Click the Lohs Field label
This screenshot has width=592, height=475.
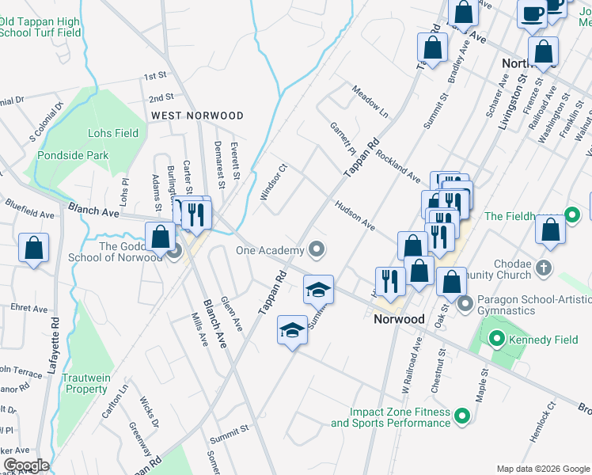(115, 134)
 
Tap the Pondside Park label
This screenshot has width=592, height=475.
(73, 156)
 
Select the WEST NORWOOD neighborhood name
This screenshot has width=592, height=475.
(197, 116)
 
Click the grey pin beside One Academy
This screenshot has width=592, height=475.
(317, 251)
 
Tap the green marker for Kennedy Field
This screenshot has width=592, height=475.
(497, 339)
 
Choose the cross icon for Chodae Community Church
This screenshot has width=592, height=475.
(543, 267)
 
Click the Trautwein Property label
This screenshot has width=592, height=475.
(86, 384)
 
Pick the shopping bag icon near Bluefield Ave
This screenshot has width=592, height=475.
(34, 248)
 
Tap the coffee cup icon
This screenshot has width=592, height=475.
(533, 13)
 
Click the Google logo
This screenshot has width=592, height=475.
(26, 465)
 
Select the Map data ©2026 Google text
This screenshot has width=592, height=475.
(542, 469)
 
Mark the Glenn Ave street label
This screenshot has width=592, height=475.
(232, 310)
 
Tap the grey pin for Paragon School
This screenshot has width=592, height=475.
(464, 302)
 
